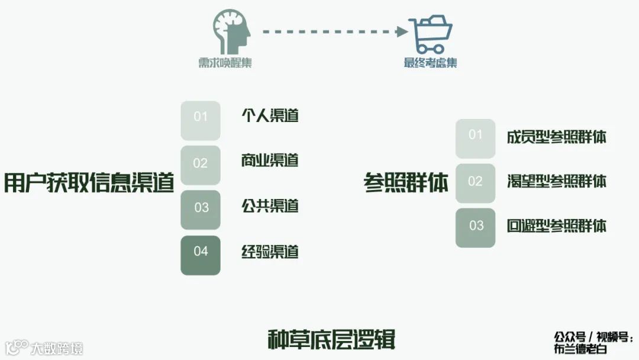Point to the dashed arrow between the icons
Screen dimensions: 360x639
[x=335, y=31]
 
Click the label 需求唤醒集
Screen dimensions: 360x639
[x=225, y=63]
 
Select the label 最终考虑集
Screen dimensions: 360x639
[x=430, y=63]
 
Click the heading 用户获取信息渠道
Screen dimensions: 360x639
[x=89, y=183]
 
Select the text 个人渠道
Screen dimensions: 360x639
[x=270, y=115]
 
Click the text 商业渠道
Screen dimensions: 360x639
[x=270, y=160]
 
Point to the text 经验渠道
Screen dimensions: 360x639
[x=270, y=252]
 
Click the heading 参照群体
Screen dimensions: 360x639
[x=406, y=183]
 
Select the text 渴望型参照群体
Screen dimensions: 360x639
[x=556, y=181]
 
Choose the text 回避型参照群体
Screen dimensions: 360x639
[x=556, y=226]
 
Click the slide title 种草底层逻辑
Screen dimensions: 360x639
[x=331, y=340]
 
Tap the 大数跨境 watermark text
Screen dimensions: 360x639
[x=57, y=348]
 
